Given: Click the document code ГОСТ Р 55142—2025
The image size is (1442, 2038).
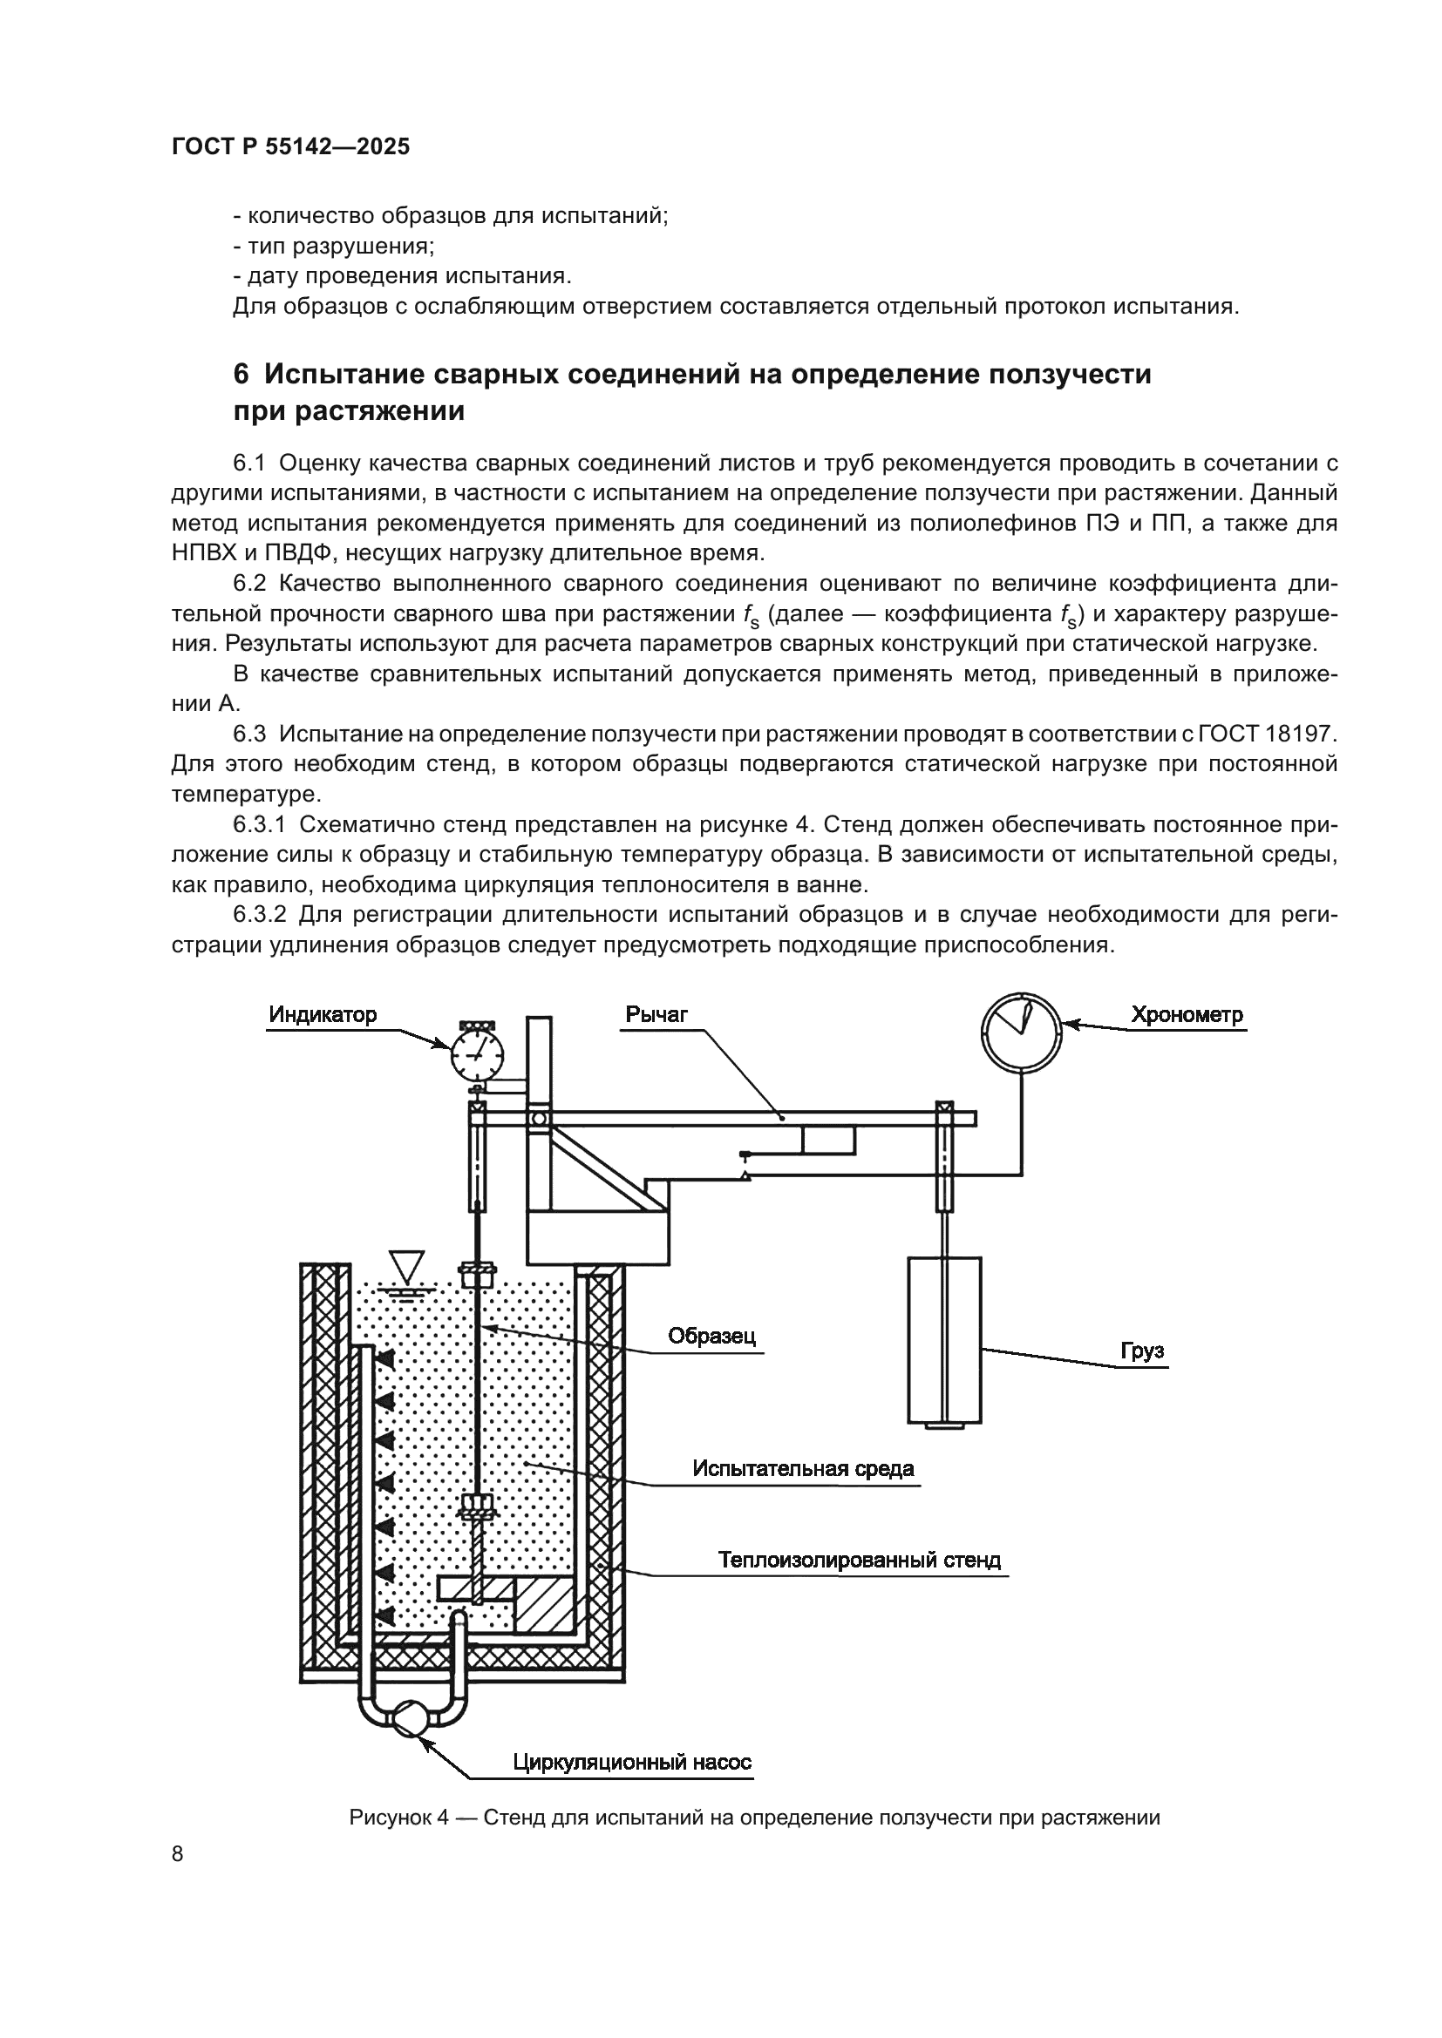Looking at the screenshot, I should (290, 147).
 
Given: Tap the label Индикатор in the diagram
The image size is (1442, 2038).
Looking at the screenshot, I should (323, 1014).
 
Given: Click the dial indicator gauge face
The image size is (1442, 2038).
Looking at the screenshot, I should (477, 1054).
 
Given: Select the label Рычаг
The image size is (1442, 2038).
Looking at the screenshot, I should (656, 1014).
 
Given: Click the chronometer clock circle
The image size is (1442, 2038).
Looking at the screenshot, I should (1021, 1032).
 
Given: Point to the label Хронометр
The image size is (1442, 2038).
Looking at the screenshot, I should (1187, 1014).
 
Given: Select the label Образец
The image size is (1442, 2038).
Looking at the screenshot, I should (712, 1336).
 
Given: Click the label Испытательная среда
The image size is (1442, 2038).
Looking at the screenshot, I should (803, 1469).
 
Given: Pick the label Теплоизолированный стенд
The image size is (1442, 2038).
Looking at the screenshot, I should (860, 1561).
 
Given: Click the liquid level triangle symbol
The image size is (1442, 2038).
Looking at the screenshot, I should (408, 1266).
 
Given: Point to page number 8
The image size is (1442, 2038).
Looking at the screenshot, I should (178, 1854).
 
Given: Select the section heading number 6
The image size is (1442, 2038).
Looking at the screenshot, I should (241, 375).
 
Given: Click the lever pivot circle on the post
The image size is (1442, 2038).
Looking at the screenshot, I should (538, 1119).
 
